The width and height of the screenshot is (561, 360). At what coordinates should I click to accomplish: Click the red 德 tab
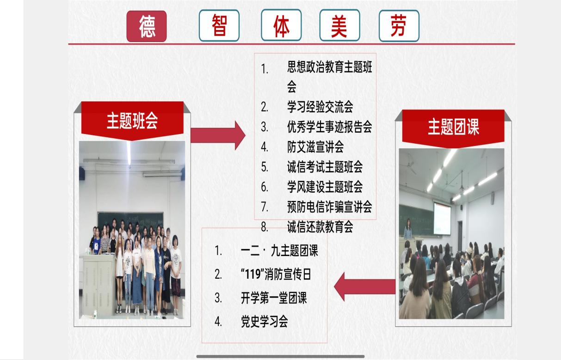click(147, 26)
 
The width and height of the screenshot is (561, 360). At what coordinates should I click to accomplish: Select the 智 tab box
click(219, 25)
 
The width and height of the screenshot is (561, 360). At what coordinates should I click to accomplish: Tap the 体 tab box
click(281, 25)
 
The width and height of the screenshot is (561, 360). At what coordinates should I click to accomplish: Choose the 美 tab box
click(340, 25)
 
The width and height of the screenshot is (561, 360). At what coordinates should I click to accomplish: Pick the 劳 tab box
click(399, 26)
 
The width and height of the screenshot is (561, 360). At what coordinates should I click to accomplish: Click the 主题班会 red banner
click(132, 121)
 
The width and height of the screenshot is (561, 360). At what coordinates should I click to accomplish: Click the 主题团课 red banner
click(453, 128)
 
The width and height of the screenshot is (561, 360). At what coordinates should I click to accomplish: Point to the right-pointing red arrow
click(218, 135)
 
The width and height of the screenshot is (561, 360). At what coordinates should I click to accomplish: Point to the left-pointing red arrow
click(365, 287)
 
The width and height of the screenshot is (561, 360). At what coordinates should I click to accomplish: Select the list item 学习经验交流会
click(320, 107)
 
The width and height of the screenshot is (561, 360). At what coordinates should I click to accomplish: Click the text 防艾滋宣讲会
click(315, 147)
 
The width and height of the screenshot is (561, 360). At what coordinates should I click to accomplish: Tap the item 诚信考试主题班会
click(325, 167)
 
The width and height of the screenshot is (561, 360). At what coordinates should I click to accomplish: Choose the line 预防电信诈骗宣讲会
click(330, 207)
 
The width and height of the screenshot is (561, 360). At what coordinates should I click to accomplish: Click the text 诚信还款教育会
click(320, 227)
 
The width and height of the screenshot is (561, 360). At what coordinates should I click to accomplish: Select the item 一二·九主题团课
click(279, 250)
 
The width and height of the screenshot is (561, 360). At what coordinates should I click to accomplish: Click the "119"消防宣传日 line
click(276, 274)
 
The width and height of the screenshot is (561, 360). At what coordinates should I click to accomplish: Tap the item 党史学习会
click(264, 322)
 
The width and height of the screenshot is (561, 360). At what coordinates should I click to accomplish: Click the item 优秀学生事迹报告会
click(330, 127)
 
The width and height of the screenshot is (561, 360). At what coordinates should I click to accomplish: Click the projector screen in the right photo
click(442, 219)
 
